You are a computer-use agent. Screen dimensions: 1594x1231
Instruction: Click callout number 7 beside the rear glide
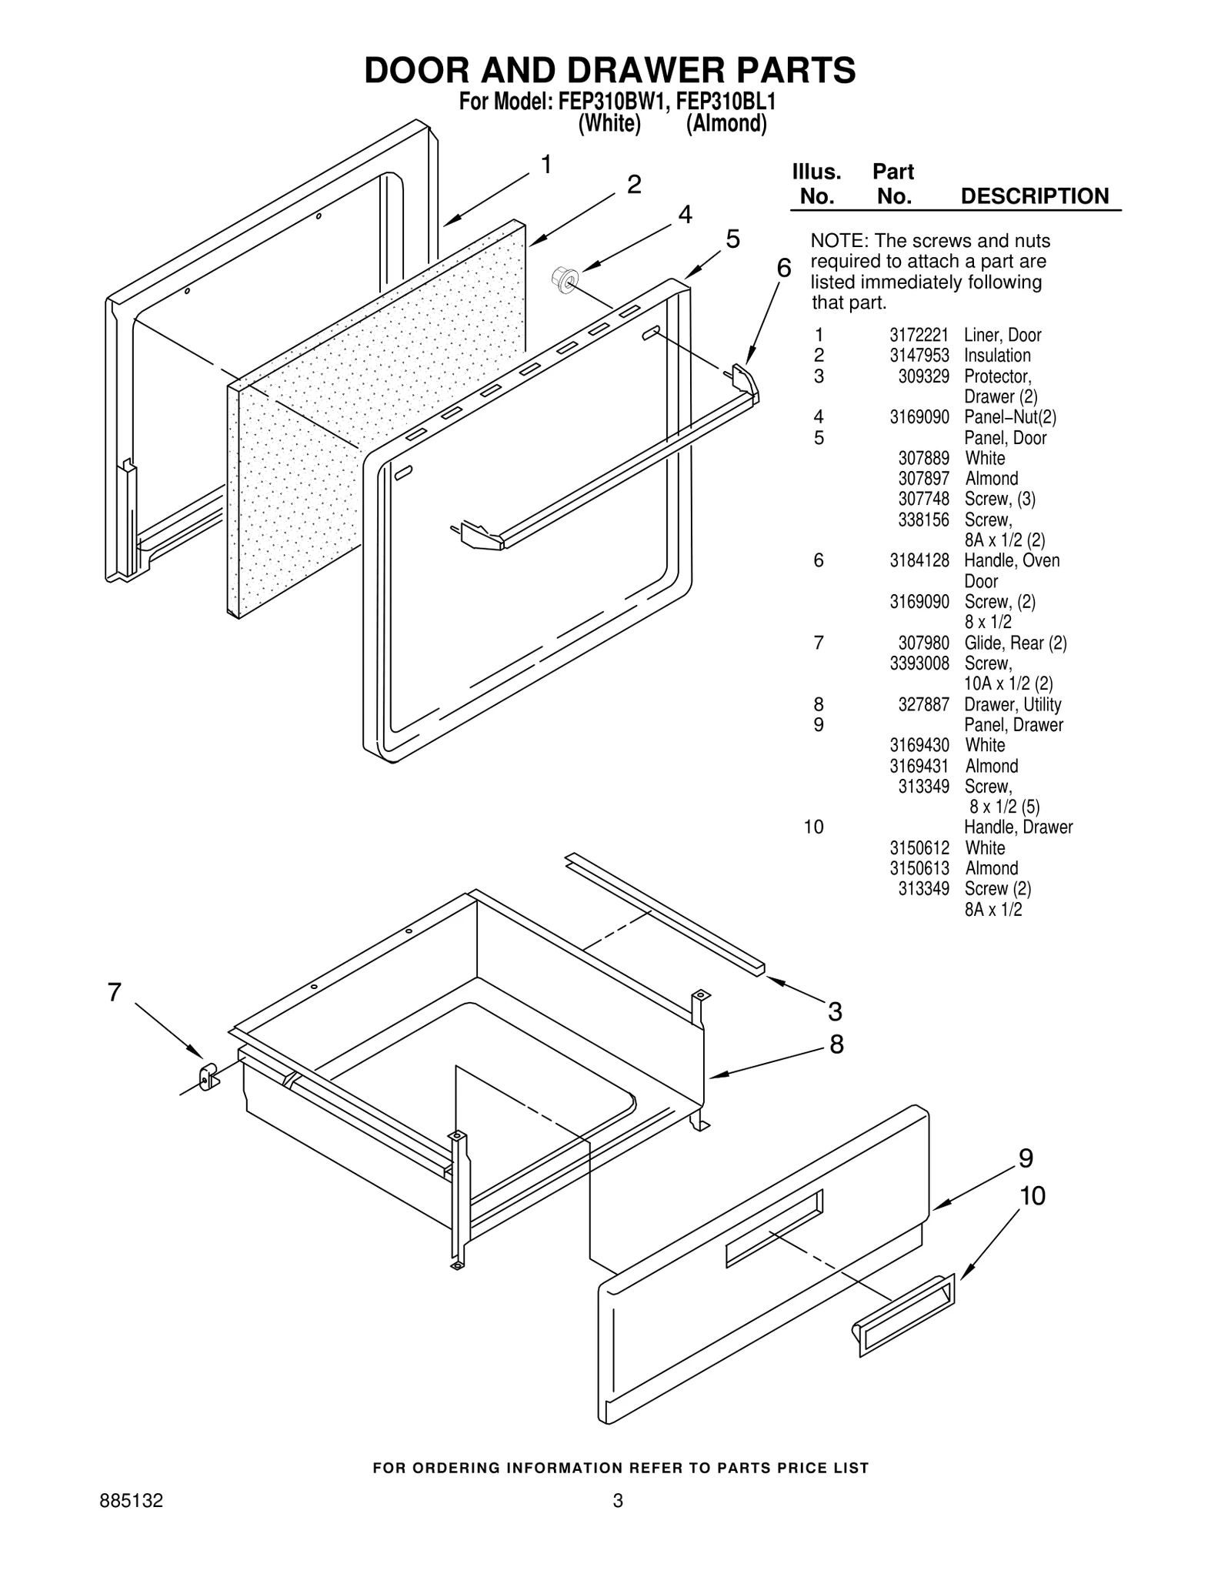click(x=114, y=992)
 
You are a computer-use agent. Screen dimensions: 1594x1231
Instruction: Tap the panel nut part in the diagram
click(x=564, y=279)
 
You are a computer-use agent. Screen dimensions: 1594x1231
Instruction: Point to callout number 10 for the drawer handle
click(x=1033, y=1196)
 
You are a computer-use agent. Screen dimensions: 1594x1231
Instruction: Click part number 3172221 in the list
click(x=919, y=336)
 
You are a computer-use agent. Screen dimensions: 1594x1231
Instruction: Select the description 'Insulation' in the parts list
click(x=997, y=356)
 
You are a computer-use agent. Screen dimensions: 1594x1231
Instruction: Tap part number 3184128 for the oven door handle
click(x=919, y=561)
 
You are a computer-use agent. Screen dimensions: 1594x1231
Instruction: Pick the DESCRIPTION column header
click(x=1035, y=196)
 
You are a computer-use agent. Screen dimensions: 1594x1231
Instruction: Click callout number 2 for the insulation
click(x=634, y=185)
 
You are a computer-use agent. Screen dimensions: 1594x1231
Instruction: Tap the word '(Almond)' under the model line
click(x=726, y=124)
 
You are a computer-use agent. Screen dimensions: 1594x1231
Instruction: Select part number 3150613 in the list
click(x=919, y=869)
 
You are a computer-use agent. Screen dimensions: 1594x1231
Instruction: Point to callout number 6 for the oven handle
click(x=783, y=268)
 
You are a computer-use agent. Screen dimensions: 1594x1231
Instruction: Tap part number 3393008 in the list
click(x=919, y=663)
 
